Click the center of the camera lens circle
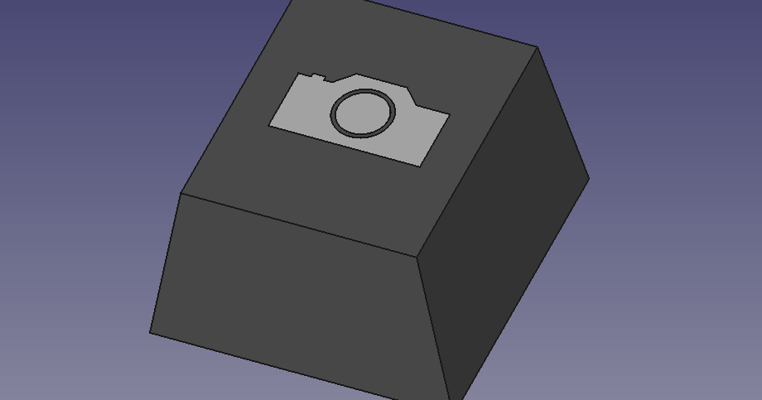click(363, 113)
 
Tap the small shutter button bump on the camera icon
click(317, 77)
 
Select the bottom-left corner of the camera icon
click(269, 125)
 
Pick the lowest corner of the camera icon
click(420, 166)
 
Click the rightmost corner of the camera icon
click(450, 114)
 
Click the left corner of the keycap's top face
click(181, 194)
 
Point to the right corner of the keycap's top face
click(538, 47)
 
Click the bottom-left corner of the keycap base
click(150, 333)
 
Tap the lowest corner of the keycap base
click(448, 398)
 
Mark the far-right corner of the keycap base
click(589, 177)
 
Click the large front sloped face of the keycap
click(298, 298)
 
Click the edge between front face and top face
click(298, 224)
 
